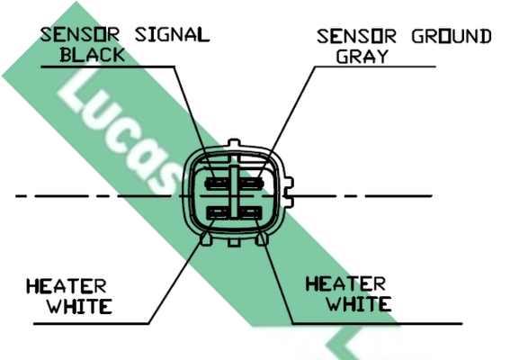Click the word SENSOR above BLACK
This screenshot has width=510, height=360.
[x=80, y=34]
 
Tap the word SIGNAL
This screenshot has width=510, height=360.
[x=173, y=34]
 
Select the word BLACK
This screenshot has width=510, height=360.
[x=93, y=54]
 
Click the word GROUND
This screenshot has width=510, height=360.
[x=452, y=36]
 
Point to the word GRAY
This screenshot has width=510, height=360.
[x=362, y=56]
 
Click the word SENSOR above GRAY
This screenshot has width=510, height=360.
[x=356, y=36]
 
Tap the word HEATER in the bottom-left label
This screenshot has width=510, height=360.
[x=67, y=286]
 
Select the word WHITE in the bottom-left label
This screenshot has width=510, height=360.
[x=80, y=306]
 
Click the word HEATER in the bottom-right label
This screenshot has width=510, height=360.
[x=345, y=283]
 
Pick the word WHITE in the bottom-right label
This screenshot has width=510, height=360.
[x=359, y=303]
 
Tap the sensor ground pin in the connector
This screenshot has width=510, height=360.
[x=251, y=184]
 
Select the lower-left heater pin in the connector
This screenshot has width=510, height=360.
[x=219, y=213]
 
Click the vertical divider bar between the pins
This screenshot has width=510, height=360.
[x=234, y=192]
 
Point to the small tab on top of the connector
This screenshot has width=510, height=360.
[x=234, y=143]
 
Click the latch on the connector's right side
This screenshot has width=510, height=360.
[x=289, y=192]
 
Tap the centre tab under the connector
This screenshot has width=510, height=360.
[x=234, y=242]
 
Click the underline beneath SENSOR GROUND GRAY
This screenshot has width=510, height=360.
[x=375, y=67]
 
